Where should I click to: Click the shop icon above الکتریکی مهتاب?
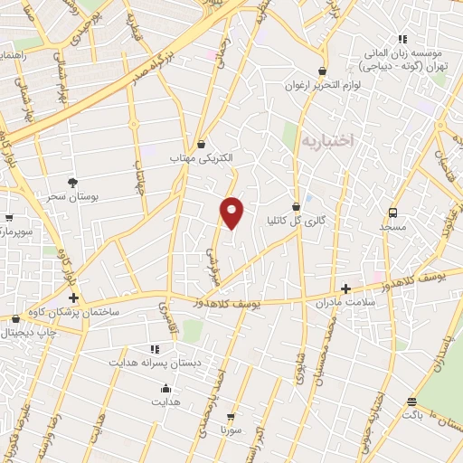201,144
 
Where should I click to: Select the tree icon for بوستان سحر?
73,182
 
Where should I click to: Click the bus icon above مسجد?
392,213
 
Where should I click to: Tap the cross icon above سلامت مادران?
345,288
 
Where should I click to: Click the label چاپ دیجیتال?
27,332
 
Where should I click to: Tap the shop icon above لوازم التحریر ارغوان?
323,71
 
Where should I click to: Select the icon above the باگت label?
412,402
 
